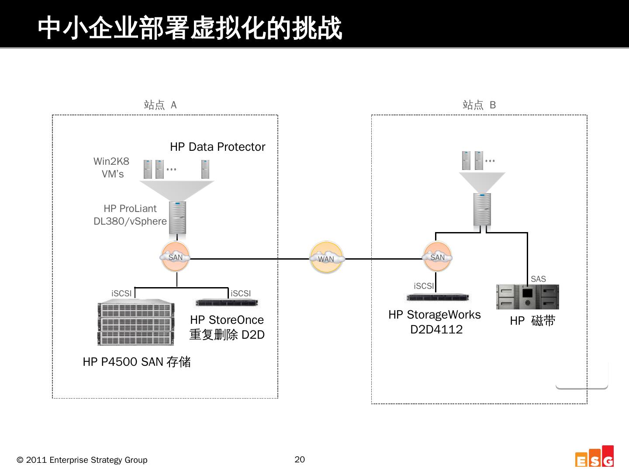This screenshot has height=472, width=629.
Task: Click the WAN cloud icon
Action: [x=326, y=258]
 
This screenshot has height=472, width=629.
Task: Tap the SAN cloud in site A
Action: [x=176, y=257]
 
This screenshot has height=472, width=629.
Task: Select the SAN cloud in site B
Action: [x=437, y=257]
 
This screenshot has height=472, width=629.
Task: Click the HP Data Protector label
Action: [x=217, y=147]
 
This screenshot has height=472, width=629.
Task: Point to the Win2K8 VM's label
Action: [x=112, y=168]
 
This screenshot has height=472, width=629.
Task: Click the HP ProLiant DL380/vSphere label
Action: [x=130, y=215]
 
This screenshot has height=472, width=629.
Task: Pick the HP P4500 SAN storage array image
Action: [x=136, y=322]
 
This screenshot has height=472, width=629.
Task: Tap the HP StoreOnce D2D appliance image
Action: [x=227, y=302]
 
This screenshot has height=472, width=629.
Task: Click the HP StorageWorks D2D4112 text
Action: [x=434, y=322]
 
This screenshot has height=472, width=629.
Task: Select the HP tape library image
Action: [x=527, y=297]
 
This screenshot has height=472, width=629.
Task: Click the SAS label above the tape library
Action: [x=538, y=279]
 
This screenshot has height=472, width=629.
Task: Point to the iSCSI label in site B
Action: [x=424, y=286]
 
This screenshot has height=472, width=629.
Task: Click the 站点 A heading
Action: [x=160, y=105]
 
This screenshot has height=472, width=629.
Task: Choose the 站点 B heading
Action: [x=479, y=105]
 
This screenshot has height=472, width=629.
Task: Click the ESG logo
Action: [x=594, y=457]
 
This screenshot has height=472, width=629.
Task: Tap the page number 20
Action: [x=300, y=459]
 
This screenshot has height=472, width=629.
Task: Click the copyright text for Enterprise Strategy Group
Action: [x=82, y=460]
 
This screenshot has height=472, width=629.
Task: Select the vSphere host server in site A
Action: [x=177, y=217]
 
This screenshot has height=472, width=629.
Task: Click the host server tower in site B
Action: [x=482, y=209]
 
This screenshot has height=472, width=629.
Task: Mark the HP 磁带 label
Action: [x=532, y=321]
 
